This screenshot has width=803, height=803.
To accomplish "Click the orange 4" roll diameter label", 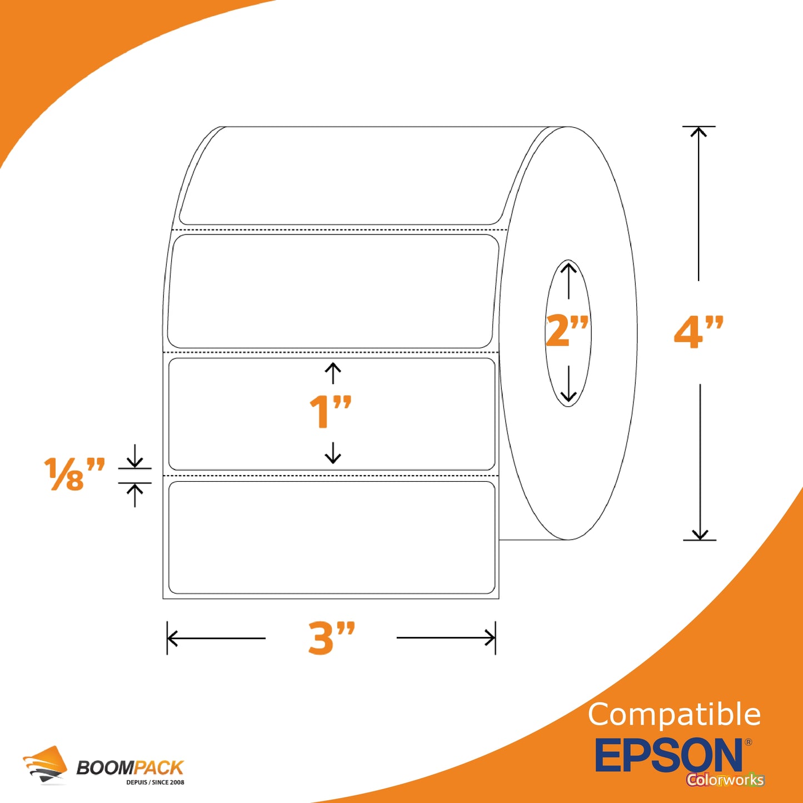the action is (699, 332).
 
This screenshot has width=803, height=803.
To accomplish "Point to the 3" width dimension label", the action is (331, 637).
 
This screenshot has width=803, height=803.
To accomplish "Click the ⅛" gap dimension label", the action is (74, 474).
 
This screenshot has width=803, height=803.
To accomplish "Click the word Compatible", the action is (674, 714).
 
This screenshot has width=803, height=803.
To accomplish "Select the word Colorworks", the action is (726, 780).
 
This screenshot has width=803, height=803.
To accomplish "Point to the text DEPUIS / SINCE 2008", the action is (155, 782).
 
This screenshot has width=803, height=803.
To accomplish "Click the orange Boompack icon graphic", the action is (44, 765).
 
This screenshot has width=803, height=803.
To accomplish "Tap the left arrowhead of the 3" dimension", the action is (172, 638).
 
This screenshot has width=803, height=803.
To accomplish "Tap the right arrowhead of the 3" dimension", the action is (490, 637).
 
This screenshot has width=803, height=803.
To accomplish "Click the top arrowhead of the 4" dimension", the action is (699, 132).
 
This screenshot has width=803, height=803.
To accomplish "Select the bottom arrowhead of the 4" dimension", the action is (700, 535).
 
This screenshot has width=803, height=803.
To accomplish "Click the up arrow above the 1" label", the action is (332, 373).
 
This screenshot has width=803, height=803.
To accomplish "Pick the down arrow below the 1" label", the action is (332, 453).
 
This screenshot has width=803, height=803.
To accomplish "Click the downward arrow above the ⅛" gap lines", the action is (134, 456).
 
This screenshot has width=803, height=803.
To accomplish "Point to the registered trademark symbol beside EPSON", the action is (749, 742).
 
